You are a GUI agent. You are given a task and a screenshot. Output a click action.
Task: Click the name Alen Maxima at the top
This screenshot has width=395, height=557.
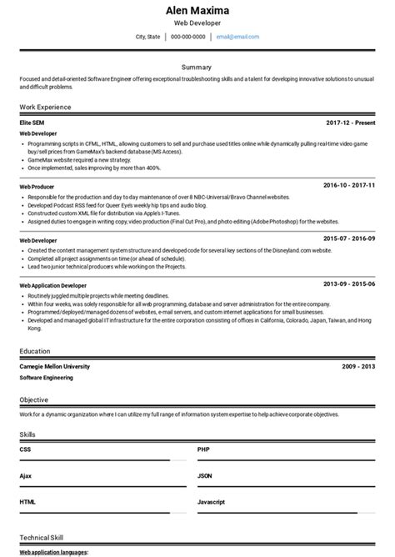click(197, 10)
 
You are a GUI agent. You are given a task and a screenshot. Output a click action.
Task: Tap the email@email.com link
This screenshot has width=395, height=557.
click(237, 37)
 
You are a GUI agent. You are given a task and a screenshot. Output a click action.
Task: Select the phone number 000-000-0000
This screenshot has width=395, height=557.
click(187, 37)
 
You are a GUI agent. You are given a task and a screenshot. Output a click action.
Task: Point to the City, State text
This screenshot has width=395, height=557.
click(147, 37)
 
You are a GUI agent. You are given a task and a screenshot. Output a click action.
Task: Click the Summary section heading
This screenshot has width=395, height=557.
click(197, 67)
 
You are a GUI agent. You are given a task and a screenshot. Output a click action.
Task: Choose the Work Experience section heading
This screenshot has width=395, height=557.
click(45, 107)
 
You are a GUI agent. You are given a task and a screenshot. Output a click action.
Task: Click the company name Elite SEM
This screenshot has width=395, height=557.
click(32, 123)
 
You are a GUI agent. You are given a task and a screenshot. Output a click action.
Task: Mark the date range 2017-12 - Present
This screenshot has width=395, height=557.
click(350, 123)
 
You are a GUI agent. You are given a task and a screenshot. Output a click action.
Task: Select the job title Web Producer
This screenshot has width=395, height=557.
click(37, 186)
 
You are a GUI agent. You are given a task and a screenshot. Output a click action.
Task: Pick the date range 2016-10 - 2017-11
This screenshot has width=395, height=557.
click(350, 185)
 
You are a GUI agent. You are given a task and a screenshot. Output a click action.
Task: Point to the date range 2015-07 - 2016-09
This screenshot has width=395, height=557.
click(350, 239)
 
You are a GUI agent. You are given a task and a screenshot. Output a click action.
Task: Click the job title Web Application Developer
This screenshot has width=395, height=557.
click(52, 285)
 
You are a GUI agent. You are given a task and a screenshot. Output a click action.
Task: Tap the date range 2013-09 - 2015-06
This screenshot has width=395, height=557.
click(350, 284)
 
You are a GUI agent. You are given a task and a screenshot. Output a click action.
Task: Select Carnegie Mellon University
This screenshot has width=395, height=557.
click(54, 366)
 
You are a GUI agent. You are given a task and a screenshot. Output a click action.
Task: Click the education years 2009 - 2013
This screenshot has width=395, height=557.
click(358, 366)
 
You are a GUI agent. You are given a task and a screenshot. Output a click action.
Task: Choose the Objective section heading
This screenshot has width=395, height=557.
click(35, 400)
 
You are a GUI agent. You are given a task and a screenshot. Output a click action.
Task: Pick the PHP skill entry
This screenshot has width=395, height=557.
click(203, 449)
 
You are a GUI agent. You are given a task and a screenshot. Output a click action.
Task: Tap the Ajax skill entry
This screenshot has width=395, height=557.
click(26, 476)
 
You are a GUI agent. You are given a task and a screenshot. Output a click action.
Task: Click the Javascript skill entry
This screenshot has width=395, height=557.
click(212, 503)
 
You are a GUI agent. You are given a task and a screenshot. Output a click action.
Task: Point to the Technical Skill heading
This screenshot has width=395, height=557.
click(41, 538)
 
